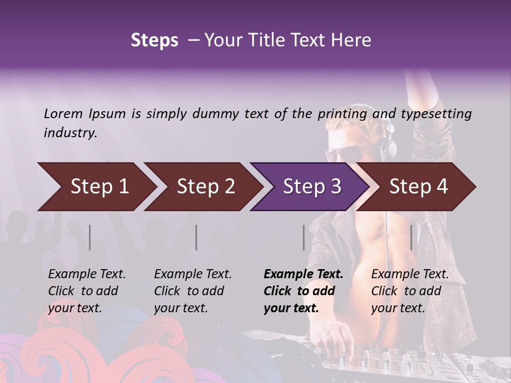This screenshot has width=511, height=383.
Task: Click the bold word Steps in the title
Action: pos(154,40)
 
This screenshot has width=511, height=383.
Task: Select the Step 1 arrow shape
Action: pos(96,187)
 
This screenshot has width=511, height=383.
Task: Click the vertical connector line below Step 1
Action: pos(90,237)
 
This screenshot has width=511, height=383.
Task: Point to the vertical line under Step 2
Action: pos(196,237)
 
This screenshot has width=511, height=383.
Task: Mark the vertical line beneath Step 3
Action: pos(303,237)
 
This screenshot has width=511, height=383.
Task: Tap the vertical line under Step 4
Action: pos(411,237)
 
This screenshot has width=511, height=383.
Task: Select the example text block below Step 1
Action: pos(87,291)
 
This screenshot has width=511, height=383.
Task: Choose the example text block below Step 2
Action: pos(193,291)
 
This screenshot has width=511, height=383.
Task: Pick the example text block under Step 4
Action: pos(410,291)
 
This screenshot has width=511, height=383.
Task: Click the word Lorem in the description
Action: pos(63,114)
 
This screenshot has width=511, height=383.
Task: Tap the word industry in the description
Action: pos(70,133)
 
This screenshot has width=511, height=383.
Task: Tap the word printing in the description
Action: pos(342,114)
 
